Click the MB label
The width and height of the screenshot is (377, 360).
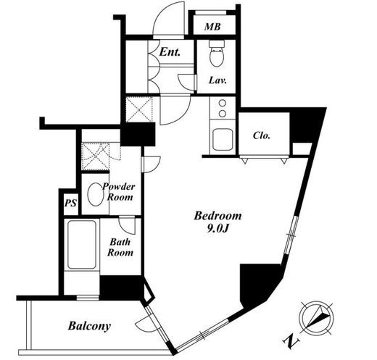(x=212, y=27)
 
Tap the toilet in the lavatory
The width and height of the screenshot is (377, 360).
(x=217, y=53)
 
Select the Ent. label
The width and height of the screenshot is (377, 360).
(x=170, y=51)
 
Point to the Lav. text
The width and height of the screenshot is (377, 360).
(x=217, y=80)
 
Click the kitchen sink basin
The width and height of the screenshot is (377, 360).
(x=223, y=140)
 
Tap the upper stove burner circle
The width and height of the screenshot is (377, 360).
(x=223, y=103)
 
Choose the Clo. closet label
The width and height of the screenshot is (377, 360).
(x=261, y=135)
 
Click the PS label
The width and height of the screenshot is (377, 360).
(x=70, y=203)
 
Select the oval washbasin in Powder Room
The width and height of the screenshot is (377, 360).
(x=95, y=194)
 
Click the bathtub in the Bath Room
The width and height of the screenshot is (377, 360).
(x=82, y=245)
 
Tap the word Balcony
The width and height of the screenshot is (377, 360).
(x=89, y=326)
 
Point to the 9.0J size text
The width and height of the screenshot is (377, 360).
(x=217, y=229)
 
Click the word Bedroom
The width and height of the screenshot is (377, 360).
(x=217, y=216)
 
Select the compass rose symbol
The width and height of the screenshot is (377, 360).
(x=317, y=318)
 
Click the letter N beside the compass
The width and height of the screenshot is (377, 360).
(x=291, y=341)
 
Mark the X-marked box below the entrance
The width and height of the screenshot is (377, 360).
(x=139, y=109)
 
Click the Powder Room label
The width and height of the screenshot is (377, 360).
(x=118, y=192)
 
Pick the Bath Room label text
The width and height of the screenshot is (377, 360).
(x=120, y=247)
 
